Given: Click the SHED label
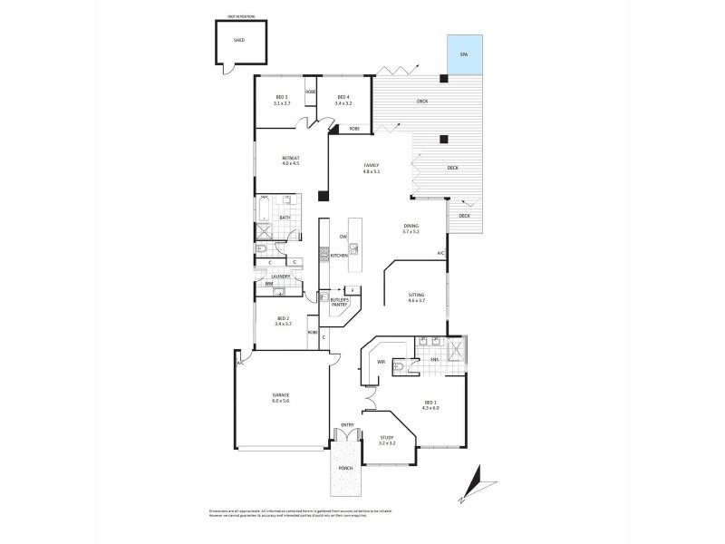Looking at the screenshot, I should point(239,40).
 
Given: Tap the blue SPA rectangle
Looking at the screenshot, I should point(464,55).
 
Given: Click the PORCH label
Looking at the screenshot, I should point(345,470).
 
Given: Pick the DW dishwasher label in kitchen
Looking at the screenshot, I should point(343,237).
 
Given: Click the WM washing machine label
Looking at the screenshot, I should point(269,284).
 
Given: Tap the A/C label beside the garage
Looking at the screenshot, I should point(241,363).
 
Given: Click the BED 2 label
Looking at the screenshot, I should point(282,320).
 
